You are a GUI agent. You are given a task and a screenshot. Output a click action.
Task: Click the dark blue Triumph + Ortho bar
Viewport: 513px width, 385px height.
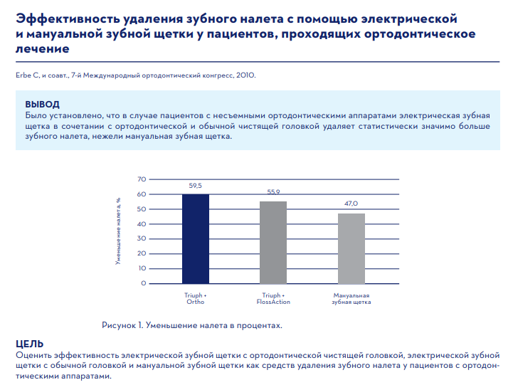click(x=196, y=238)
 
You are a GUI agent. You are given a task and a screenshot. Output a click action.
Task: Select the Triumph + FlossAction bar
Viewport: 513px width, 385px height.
click(x=273, y=242)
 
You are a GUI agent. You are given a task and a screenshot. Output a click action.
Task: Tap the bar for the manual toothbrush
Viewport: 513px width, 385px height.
click(x=351, y=248)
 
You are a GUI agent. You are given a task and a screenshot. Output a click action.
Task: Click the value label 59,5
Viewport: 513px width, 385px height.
click(x=196, y=185)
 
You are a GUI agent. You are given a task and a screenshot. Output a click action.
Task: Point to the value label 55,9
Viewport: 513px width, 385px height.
click(x=274, y=192)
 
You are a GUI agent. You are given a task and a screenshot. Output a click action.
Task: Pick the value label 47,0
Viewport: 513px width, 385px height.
click(x=351, y=204)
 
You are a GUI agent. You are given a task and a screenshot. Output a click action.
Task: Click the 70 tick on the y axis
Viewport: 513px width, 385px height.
click(x=142, y=179)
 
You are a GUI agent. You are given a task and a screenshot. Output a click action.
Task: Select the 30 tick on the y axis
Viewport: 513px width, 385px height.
click(x=142, y=238)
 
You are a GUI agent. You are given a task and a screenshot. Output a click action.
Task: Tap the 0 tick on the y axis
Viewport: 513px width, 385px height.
click(x=144, y=283)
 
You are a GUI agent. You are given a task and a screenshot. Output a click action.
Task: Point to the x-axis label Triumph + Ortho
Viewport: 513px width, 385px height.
click(x=196, y=298)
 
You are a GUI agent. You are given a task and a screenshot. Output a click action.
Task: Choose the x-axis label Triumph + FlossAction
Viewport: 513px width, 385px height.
click(x=273, y=298)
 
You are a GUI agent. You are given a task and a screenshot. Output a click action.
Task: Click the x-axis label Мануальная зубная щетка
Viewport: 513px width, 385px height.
click(x=351, y=298)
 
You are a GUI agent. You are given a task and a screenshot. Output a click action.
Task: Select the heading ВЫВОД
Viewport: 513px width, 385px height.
click(x=42, y=104)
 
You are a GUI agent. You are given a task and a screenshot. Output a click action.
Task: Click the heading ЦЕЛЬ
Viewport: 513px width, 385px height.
click(x=30, y=342)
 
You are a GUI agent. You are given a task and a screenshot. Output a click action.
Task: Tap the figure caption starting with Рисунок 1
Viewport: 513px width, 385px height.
click(x=192, y=325)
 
